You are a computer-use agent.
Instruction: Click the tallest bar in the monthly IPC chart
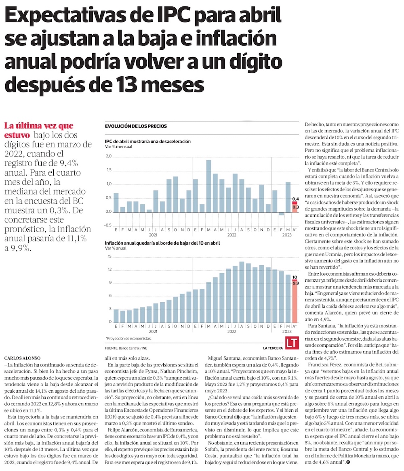click(208, 186)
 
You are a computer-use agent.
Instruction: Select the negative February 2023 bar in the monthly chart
click(281, 214)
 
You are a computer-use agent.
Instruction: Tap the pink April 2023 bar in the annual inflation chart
click(295, 303)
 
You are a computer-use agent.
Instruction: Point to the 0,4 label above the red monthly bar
click(295, 199)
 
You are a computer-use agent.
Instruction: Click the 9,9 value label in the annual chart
click(295, 283)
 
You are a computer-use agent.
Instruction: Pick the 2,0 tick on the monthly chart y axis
click(108, 156)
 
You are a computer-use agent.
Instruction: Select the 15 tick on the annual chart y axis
click(109, 256)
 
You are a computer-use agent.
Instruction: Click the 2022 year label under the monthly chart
click(231, 235)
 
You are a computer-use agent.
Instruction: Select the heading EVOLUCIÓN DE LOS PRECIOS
click(135, 126)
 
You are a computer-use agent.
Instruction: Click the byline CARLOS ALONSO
click(23, 358)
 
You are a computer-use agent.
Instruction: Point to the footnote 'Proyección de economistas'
click(128, 338)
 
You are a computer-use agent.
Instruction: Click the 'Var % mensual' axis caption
click(118, 147)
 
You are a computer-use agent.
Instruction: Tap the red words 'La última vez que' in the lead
click(38, 126)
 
